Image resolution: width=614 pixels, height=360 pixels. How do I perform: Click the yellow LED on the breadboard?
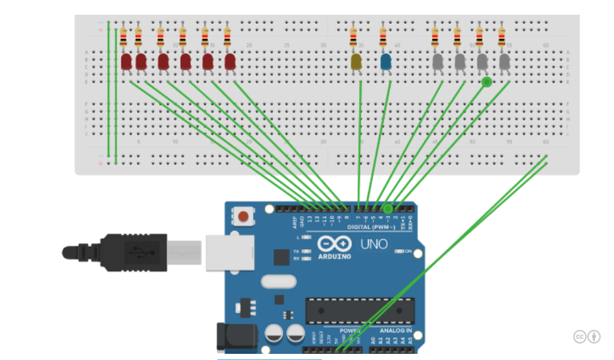pyautogui.click(x=356, y=61)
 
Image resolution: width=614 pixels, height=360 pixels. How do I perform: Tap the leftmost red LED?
pyautogui.click(x=126, y=62)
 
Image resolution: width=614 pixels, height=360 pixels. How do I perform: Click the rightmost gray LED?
pyautogui.click(x=504, y=61)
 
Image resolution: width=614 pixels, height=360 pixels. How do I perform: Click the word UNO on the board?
pyautogui.click(x=373, y=244)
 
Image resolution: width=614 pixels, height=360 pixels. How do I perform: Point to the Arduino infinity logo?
pyautogui.click(x=334, y=244)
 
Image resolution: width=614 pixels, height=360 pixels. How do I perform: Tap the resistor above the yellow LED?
pyautogui.click(x=353, y=38)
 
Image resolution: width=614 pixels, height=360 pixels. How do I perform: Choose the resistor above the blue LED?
pyautogui.click(x=383, y=38)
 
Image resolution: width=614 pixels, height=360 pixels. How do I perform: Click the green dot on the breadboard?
pyautogui.click(x=487, y=81)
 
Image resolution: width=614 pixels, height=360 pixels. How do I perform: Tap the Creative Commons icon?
pyautogui.click(x=580, y=336)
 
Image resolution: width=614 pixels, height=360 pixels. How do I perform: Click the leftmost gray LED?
pyautogui.click(x=438, y=61)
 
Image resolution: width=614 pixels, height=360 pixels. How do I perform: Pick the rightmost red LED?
pyautogui.click(x=230, y=62)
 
